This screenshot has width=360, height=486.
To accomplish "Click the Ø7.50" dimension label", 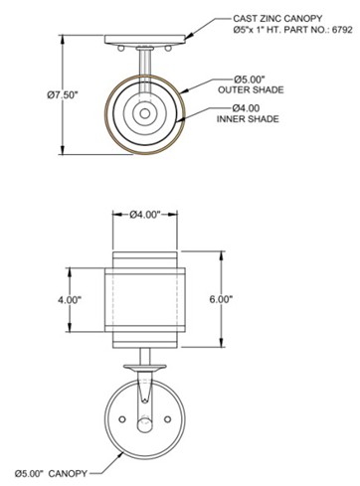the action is [62, 95].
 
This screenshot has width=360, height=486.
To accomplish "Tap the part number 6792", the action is [342, 30].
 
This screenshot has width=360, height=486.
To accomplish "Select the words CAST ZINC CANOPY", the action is [277, 19].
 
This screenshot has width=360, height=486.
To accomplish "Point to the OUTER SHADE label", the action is [251, 89].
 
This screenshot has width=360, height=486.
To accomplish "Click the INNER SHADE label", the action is [248, 119].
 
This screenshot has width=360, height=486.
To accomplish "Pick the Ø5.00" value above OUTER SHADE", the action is [250, 80].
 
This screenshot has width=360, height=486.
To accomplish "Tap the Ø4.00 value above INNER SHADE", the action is [246, 108].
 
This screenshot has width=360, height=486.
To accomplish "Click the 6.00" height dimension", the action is [221, 299].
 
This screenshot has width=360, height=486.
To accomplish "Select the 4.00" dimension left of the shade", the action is [70, 300].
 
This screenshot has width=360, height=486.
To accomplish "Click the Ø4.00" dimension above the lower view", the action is [145, 215].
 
